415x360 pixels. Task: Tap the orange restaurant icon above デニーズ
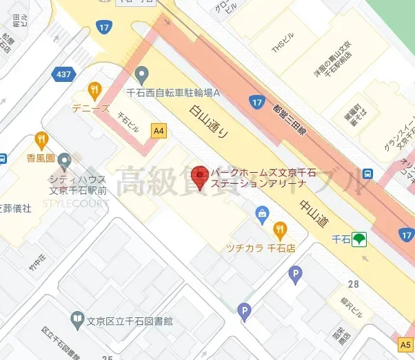[95, 89]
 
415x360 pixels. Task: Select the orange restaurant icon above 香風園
[41, 139]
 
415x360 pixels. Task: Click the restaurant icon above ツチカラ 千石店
[279, 229]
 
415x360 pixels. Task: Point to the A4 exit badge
[159, 129]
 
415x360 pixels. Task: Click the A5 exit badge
[405, 343]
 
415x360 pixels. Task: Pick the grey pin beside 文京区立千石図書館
[78, 319]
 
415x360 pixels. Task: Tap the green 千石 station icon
[358, 239]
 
